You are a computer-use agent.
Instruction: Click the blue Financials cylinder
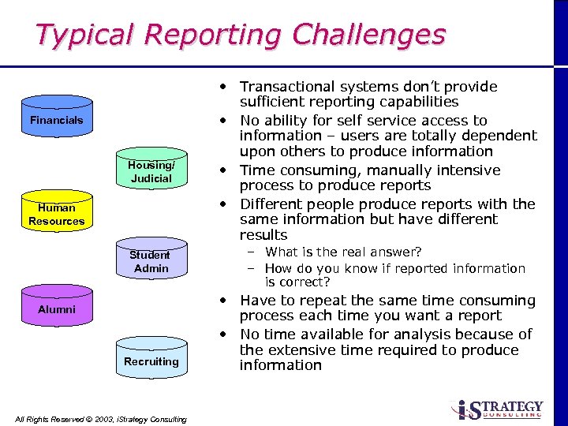pos(56,121)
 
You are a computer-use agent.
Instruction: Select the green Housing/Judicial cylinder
pos(151,171)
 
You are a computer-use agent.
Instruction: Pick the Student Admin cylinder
pos(151,261)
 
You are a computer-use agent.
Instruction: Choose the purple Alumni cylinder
pos(56,309)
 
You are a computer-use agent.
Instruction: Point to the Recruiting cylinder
pos(151,361)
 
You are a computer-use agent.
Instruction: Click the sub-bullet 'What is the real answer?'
pos(343,252)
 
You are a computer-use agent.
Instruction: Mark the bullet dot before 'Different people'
pos(225,204)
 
